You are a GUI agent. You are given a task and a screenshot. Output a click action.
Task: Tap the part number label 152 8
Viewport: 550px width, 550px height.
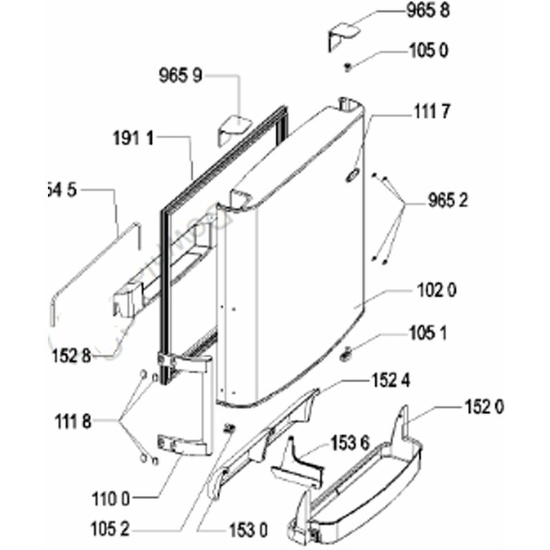coord(71,355)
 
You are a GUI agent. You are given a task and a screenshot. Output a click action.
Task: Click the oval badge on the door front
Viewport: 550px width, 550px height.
coord(351,176)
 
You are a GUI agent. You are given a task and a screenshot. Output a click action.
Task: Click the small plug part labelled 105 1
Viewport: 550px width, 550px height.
coord(345,353)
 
